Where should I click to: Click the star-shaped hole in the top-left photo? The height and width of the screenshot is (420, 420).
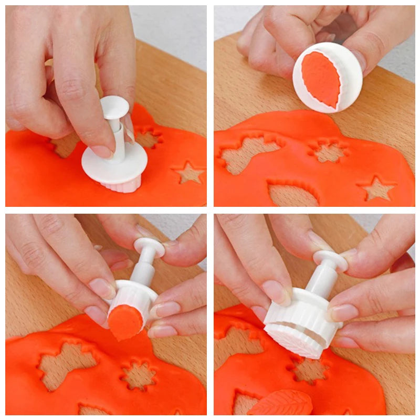pos(189,173)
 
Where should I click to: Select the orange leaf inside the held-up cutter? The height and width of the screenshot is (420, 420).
pos(321,79)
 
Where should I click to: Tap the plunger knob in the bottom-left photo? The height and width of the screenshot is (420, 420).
pos(149,247)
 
